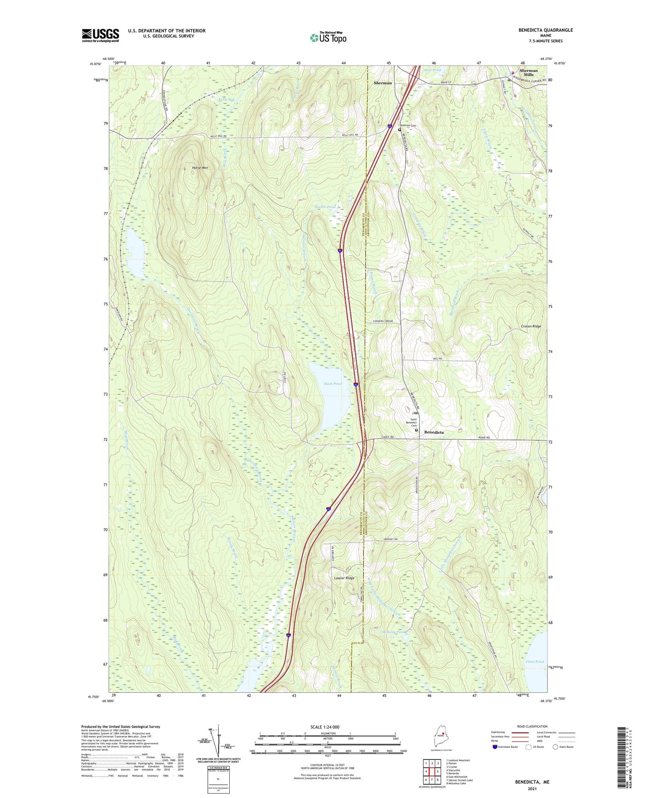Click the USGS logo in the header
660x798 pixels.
point(100,35)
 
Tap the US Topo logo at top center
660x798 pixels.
point(328,37)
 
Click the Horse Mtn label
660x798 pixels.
point(200,168)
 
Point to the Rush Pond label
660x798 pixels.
point(333,384)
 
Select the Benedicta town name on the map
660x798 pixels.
point(433,433)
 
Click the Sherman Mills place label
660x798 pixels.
point(528,73)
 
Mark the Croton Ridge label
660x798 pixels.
point(531,326)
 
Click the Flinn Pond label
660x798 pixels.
point(534,662)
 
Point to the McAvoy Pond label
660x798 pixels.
point(393,632)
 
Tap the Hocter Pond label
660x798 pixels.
point(325,207)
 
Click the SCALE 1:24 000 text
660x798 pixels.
point(327,727)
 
